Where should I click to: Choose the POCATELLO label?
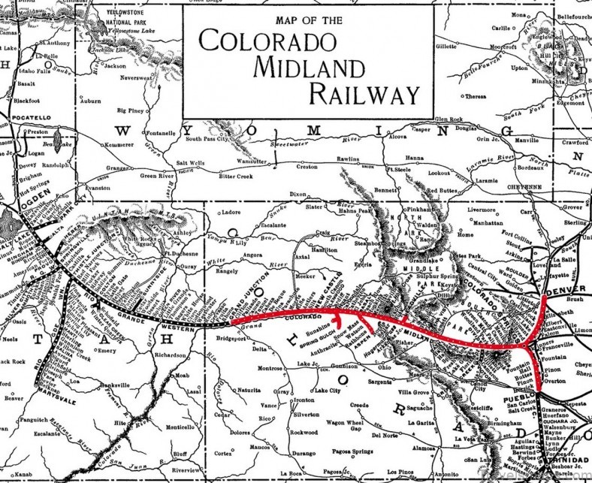pos(28,118)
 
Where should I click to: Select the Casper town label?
pos(421,129)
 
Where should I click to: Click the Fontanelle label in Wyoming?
pos(161,133)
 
